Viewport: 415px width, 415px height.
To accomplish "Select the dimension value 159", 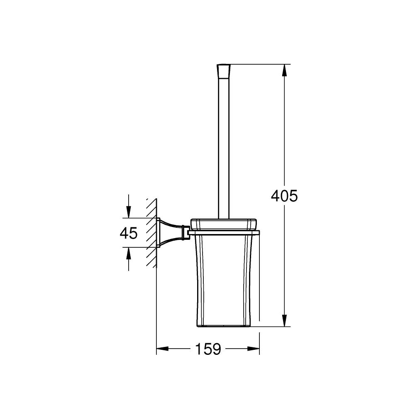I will coord(207,349).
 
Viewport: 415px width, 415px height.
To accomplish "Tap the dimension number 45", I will coord(128,233).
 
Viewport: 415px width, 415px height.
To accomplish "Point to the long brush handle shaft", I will coord(224,145).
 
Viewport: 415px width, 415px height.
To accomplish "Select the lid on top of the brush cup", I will coord(224,223).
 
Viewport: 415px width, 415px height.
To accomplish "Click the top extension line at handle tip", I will coord(257,64).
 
